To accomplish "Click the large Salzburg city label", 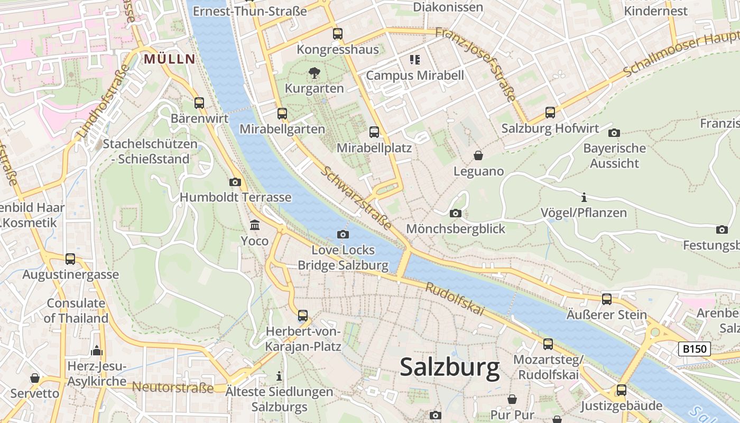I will click(x=449, y=367).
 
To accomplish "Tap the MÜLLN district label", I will click(x=170, y=59).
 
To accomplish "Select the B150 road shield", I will click(x=695, y=349).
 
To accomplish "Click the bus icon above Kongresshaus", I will click(x=338, y=34).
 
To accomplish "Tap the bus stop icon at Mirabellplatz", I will click(x=374, y=132).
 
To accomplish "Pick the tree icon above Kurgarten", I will click(x=314, y=73).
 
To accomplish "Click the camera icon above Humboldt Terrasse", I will click(x=235, y=182).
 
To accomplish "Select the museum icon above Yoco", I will click(x=255, y=225).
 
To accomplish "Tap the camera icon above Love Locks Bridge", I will click(x=343, y=234).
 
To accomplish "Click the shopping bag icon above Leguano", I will click(x=478, y=155).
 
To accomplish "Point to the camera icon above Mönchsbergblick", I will click(x=455, y=214).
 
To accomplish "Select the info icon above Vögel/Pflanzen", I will click(x=584, y=197).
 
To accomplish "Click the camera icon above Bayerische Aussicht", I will click(x=614, y=133).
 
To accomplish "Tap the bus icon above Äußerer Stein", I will click(x=607, y=299).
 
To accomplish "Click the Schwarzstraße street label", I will click(x=356, y=198).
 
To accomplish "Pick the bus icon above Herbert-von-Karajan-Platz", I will click(x=303, y=316).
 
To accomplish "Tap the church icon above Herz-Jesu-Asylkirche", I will click(x=96, y=351).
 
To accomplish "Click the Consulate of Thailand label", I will click(x=76, y=311).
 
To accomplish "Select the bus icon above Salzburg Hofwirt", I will click(x=550, y=113).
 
